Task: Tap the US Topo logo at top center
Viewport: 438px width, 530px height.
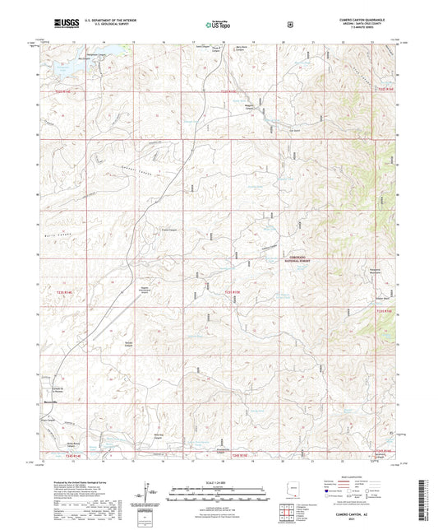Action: (219, 25)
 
